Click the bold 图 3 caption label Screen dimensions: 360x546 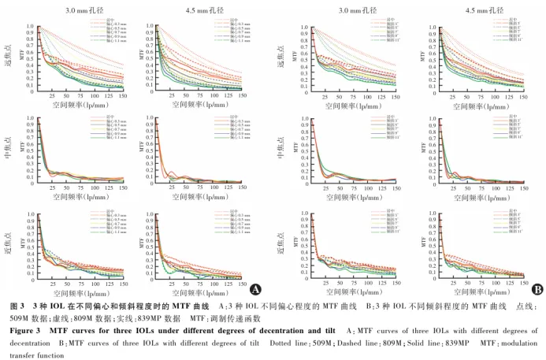tap(17, 306)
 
